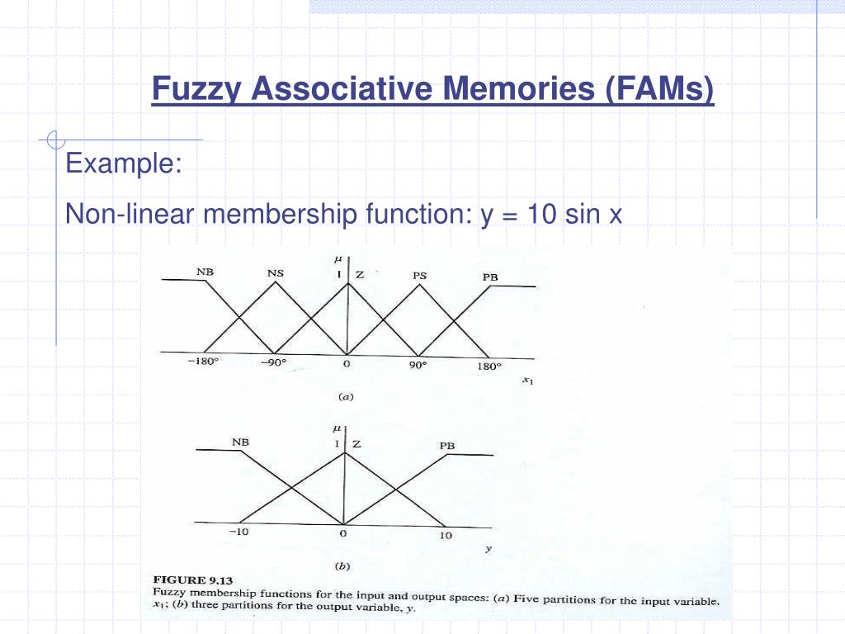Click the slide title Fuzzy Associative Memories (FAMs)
pyautogui.click(x=433, y=89)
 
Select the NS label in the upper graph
pyautogui.click(x=276, y=273)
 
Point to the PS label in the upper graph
pyautogui.click(x=418, y=276)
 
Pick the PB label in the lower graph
pyautogui.click(x=446, y=446)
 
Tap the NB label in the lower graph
pyautogui.click(x=240, y=442)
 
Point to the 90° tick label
pyautogui.click(x=418, y=366)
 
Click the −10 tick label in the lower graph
pyautogui.click(x=239, y=532)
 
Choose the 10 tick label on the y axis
pyautogui.click(x=445, y=536)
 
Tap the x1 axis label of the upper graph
pyautogui.click(x=527, y=381)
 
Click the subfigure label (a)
pyautogui.click(x=347, y=396)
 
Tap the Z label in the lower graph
pyautogui.click(x=356, y=444)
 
